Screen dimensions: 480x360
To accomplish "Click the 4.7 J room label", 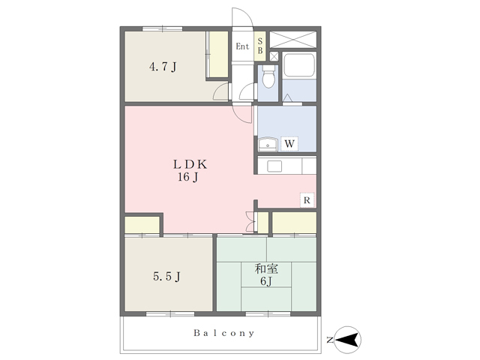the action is point(163,67).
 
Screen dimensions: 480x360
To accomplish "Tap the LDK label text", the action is point(190,165).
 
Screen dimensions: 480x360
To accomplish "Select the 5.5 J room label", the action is point(166,277).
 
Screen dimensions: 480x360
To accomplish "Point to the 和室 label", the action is point(266,268).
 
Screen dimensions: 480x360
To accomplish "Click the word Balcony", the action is point(223,333).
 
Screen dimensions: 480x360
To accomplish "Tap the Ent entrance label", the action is point(242,46).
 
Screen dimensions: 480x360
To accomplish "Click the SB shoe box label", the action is point(260,46).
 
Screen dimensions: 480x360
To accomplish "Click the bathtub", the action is point(299,65).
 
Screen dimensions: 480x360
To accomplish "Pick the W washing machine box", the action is point(289,143).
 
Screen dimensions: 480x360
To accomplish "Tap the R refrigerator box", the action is point(307,200).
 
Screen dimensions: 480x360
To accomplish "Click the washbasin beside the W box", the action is point(268,144).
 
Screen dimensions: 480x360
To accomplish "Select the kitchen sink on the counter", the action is point(274,166).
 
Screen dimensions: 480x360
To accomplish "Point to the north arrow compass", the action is point(347,340).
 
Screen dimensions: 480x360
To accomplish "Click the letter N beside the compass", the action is point(330,340).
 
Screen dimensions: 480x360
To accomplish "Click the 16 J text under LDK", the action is point(188,177).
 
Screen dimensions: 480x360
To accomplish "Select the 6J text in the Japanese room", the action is point(266,281).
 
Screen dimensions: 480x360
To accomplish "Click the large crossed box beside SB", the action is point(292,40).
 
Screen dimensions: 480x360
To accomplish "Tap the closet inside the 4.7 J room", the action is point(218,54).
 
